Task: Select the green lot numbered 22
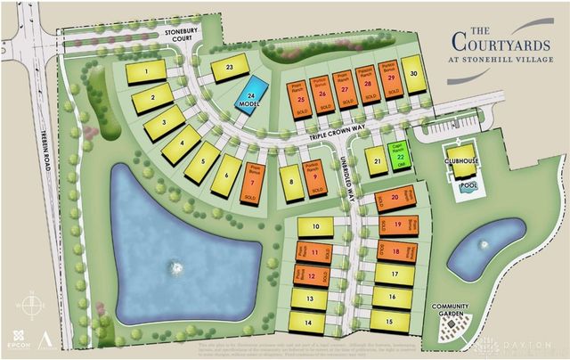pyautogui.click(x=400, y=154)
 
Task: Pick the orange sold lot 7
pyautogui.click(x=253, y=184)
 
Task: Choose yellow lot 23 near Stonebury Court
pyautogui.click(x=229, y=68)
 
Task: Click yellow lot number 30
pyautogui.click(x=414, y=74)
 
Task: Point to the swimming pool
pyautogui.click(x=465, y=190)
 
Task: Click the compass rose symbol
pyautogui.click(x=32, y=304)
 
